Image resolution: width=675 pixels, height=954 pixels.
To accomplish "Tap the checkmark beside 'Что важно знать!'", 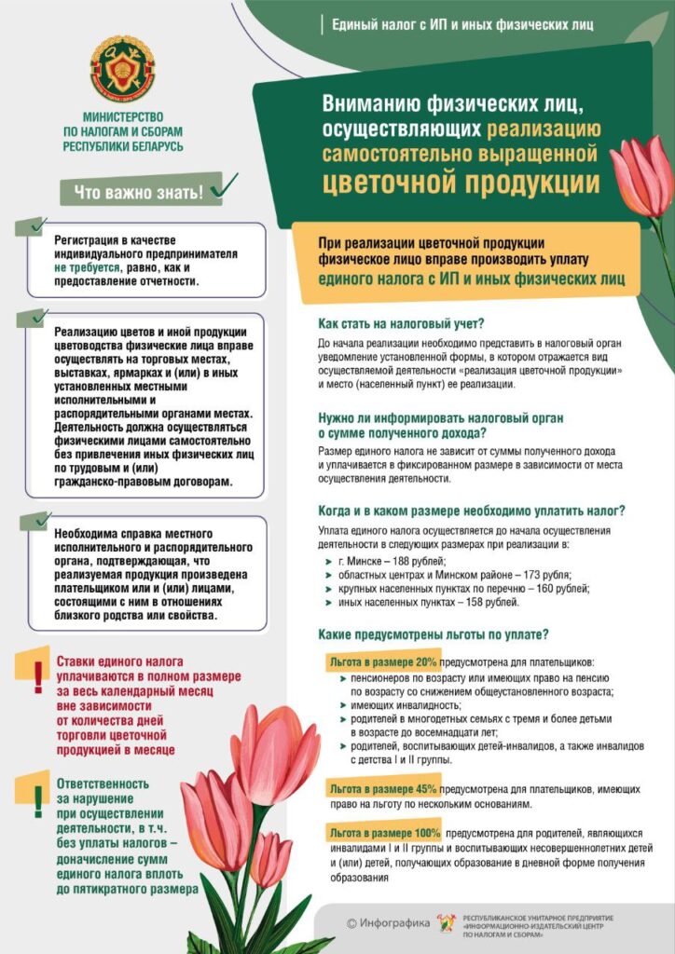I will tap(223, 186).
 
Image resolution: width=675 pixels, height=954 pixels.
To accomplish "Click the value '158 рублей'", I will tap(489, 603).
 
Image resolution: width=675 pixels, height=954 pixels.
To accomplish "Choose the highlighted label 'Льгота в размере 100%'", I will tap(384, 832).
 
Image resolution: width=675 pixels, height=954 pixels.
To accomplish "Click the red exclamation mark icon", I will tap(37, 677).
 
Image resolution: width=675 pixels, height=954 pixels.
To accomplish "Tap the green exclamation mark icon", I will tap(37, 798).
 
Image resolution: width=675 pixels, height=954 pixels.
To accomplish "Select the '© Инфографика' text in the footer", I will tap(388, 923).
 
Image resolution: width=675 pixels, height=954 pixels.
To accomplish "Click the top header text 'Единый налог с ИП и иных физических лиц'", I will tap(462, 24).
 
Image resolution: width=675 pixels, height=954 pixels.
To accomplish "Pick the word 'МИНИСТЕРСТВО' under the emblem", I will tap(122, 118).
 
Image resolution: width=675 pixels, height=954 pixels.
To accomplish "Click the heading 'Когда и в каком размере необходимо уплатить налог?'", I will tap(471, 511).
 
